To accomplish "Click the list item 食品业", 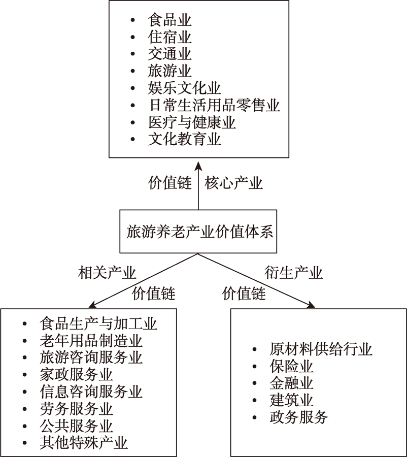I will point(169,20).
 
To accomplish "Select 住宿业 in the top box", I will point(169,37).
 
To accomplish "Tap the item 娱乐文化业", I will point(184,88).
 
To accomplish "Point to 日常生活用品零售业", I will point(214,105).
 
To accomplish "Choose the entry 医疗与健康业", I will point(192,122).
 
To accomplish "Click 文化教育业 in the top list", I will point(184,139).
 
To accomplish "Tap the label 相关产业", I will point(107,273).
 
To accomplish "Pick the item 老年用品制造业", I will point(90,340).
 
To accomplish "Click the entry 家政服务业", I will point(76,374).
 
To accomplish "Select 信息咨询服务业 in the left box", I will point(90,391).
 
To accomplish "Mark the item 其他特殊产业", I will point(83,442).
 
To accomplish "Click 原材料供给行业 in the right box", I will point(321,349).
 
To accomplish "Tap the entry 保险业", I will point(291,366).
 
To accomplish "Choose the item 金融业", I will point(291,383).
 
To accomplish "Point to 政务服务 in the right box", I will point(298,417).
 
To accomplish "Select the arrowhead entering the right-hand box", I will point(310,304).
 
